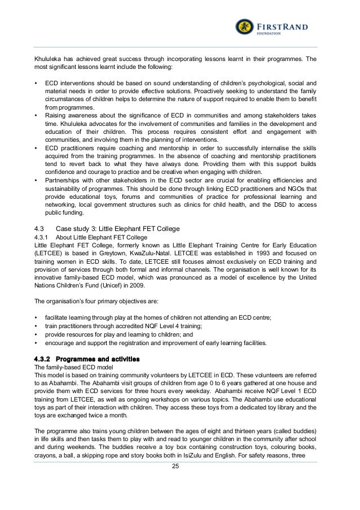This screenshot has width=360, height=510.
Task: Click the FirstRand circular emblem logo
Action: (x=244, y=27)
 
